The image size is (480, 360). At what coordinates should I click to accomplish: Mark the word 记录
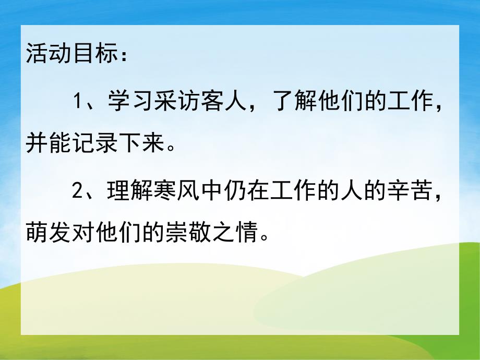90,142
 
